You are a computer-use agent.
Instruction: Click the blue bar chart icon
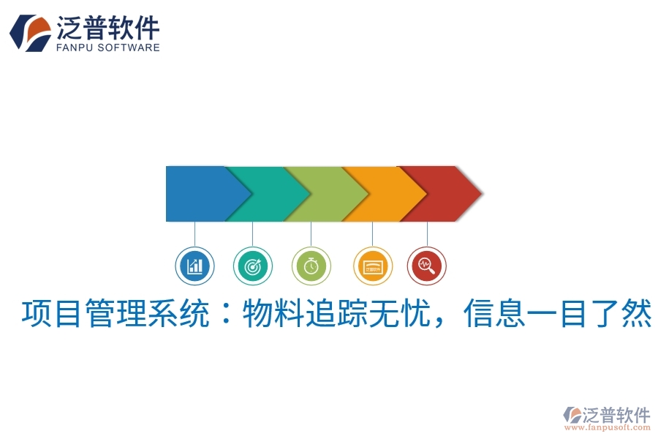point(194,266)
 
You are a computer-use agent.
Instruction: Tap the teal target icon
point(253,266)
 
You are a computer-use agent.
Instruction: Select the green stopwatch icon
point(311,266)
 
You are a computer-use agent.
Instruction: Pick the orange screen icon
point(372,266)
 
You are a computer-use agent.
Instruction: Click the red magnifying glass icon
point(427,266)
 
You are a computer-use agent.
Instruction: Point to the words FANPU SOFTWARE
point(107,48)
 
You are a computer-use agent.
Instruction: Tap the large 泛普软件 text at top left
point(107,28)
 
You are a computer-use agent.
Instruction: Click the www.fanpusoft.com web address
point(610,427)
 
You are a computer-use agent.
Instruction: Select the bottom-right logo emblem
point(571,415)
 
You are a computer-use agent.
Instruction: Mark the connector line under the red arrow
point(427,233)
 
